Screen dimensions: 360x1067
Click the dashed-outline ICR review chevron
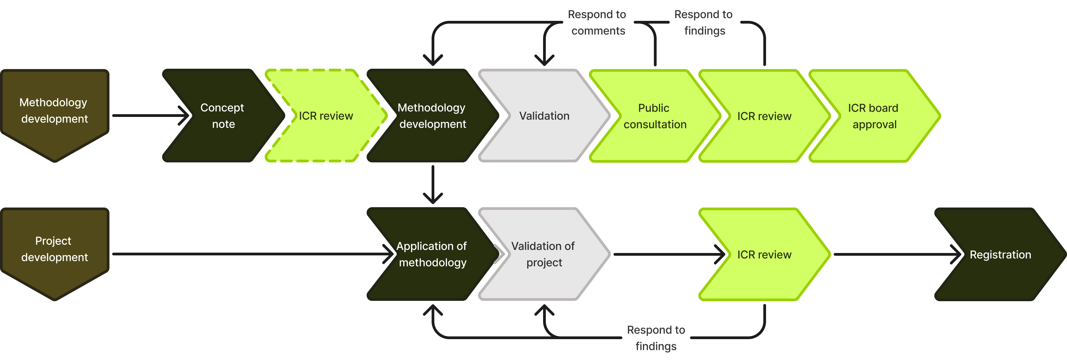[326, 116]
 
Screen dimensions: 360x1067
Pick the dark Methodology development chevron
[432, 116]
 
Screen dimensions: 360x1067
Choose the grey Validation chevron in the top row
[544, 116]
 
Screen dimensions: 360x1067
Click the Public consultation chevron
[655, 116]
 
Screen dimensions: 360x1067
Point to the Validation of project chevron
[543, 254]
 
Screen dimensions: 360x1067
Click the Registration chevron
[1000, 254]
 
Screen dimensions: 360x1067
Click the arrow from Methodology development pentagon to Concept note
[149, 116]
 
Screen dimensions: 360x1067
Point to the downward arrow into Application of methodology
[433, 184]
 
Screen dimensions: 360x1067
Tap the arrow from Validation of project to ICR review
[667, 254]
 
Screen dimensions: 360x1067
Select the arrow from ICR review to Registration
[895, 254]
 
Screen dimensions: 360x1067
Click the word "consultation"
[655, 124]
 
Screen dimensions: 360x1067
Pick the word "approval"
[874, 124]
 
